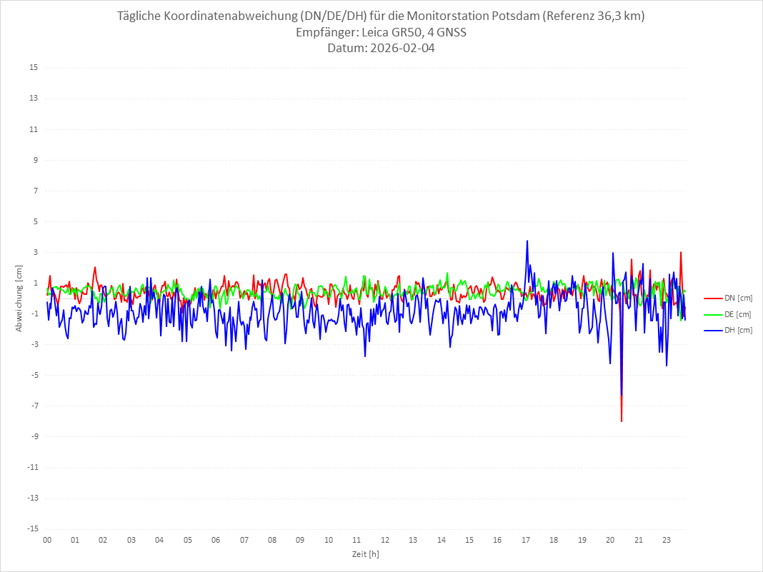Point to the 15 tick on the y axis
click(34, 68)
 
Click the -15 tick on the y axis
click(32, 528)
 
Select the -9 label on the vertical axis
click(34, 436)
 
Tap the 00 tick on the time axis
click(47, 540)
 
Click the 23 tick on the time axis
click(667, 540)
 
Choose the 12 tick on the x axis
click(385, 540)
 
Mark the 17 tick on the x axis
click(526, 540)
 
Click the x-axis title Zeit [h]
click(366, 554)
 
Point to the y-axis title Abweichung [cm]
click(19, 298)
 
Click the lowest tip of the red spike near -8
click(622, 421)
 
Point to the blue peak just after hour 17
click(527, 241)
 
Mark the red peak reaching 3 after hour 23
click(680, 252)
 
